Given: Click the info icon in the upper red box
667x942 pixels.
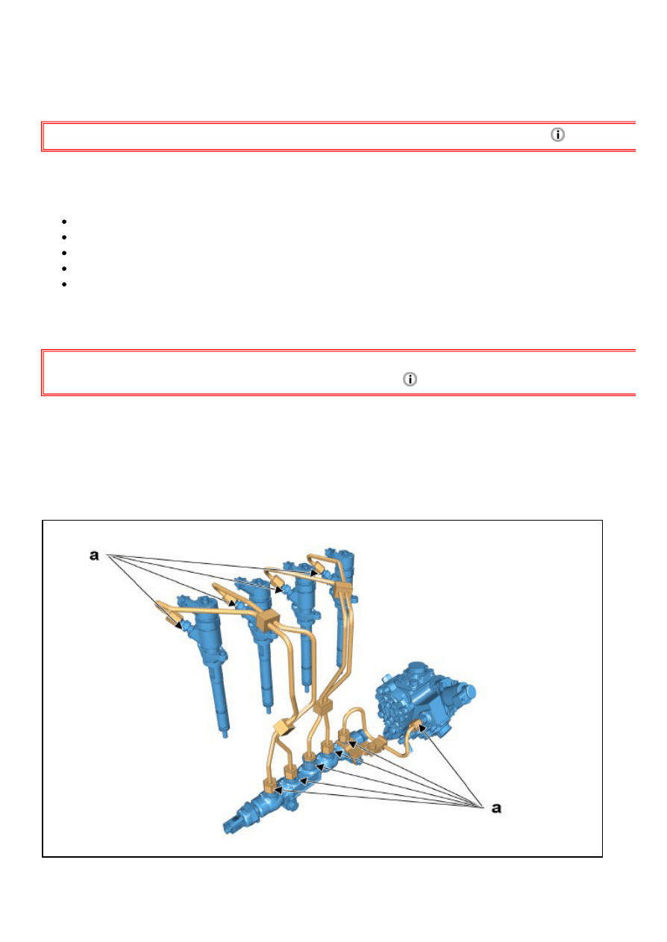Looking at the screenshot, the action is coord(557,134).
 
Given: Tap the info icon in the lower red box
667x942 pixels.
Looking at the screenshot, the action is coord(410,379).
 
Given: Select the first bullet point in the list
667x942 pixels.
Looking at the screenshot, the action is coord(64,222).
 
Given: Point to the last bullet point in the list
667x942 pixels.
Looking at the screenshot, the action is coord(64,284).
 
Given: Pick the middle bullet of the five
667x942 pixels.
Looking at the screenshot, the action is coord(64,253).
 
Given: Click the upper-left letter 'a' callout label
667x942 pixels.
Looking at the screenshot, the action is coord(94,555).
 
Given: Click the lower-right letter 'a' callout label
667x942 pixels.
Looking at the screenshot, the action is coord(496,808).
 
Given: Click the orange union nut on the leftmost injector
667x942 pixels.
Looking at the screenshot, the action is coord(173,619).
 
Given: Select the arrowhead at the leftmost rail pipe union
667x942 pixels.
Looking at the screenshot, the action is coord(278,790).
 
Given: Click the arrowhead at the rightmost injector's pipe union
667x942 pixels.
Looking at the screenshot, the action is coord(313,573).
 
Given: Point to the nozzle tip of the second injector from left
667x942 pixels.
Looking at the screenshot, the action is coord(268,710).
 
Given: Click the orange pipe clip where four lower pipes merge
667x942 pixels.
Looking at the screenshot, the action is coord(323,706).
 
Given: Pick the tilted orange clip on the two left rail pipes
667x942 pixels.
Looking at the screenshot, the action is coord(283,727).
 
